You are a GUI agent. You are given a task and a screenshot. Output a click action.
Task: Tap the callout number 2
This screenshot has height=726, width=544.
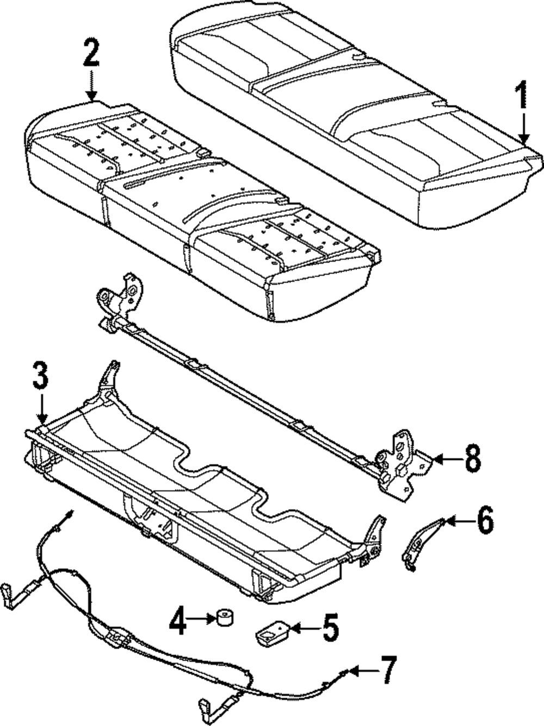[x=91, y=53]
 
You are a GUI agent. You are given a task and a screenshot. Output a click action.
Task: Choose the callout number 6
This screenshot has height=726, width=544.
[x=485, y=521]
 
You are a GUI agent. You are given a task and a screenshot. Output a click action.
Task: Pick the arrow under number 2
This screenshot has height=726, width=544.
[x=91, y=84]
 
